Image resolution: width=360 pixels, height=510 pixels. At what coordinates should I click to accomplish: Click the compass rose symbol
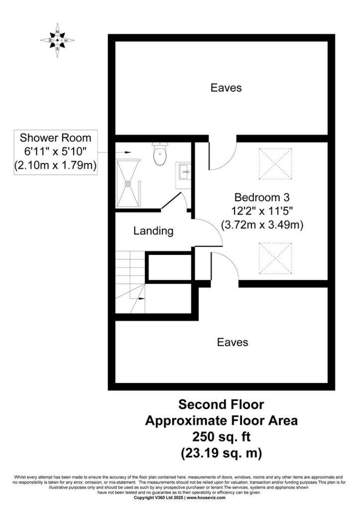click(x=57, y=40)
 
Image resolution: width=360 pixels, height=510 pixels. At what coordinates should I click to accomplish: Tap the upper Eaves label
click(x=226, y=88)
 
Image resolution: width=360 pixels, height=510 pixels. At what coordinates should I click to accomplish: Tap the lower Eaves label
click(x=233, y=342)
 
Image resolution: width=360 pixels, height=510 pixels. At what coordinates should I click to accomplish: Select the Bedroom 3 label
click(x=262, y=197)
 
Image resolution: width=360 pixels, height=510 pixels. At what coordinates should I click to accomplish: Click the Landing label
click(x=153, y=231)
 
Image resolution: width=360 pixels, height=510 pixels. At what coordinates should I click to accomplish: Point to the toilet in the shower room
click(x=159, y=154)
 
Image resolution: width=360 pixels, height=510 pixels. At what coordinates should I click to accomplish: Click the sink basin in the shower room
click(x=184, y=171)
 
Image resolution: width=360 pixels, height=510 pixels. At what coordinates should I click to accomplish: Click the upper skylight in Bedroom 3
click(x=275, y=163)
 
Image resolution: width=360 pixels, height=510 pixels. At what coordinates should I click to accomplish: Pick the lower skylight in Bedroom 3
click(x=275, y=258)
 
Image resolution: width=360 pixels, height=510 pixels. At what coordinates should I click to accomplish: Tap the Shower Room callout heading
click(x=55, y=137)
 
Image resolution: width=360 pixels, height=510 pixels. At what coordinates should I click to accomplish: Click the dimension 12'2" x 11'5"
click(x=262, y=211)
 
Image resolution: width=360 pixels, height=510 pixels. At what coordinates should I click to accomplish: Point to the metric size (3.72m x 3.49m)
click(x=262, y=225)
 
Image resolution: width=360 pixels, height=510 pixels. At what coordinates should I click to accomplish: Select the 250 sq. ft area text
click(x=222, y=436)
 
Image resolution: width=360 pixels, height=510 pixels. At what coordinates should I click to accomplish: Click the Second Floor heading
click(x=221, y=404)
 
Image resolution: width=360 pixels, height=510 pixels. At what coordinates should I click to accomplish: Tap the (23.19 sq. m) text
click(x=222, y=452)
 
